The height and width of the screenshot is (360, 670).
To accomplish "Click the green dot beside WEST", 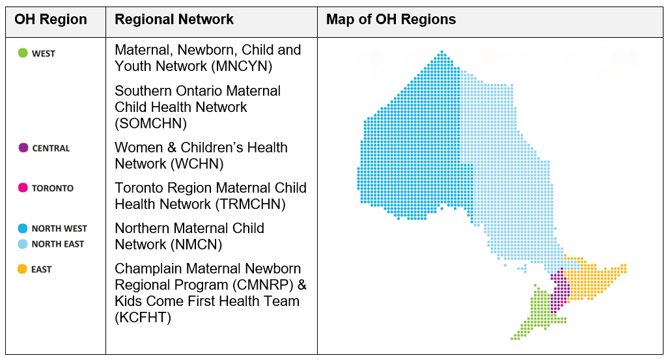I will click(x=23, y=53).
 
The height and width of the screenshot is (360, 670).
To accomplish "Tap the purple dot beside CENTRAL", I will click(x=23, y=148).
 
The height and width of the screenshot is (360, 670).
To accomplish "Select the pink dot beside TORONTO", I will click(x=23, y=188).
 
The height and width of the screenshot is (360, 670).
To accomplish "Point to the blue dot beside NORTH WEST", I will click(x=23, y=228).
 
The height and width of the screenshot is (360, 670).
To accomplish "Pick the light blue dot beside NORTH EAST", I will click(x=23, y=244).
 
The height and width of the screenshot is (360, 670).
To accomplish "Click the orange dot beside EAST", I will click(x=23, y=269).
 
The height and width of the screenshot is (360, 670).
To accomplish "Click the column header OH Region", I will click(x=51, y=20).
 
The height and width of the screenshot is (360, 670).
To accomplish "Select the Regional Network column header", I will click(x=174, y=20).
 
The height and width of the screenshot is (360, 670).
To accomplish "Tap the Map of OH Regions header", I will click(x=391, y=20).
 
